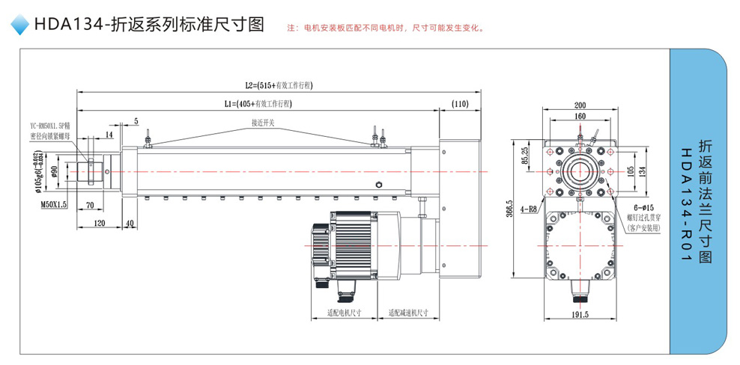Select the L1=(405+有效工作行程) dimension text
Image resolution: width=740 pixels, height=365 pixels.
pyautogui.click(x=257, y=103)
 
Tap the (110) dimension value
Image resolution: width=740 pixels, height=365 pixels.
pyautogui.click(x=460, y=103)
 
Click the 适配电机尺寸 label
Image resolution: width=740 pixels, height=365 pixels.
pyautogui.click(x=345, y=313)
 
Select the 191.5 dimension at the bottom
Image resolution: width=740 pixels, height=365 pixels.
pyautogui.click(x=580, y=315)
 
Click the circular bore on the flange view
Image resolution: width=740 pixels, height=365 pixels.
pyautogui.click(x=580, y=171)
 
